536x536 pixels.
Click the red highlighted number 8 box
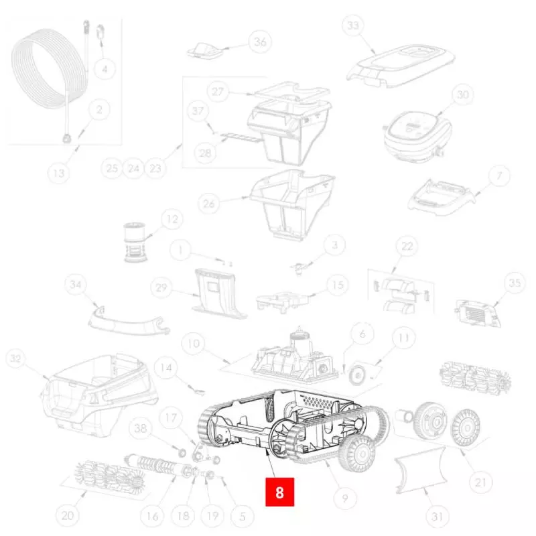(x=279, y=492)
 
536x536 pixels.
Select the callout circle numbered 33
(x=353, y=25)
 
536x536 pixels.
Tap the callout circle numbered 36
(x=260, y=42)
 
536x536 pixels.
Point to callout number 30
(x=462, y=94)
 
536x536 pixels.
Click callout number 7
(x=499, y=176)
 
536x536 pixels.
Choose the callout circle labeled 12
(x=172, y=219)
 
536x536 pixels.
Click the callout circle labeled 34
(x=75, y=284)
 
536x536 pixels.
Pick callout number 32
(x=15, y=358)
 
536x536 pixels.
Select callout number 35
(x=515, y=283)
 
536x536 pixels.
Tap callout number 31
(x=438, y=516)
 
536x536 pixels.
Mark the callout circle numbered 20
(x=68, y=515)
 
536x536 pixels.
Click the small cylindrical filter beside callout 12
(x=135, y=242)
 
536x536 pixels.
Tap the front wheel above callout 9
(x=357, y=454)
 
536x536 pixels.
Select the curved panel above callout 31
(x=421, y=471)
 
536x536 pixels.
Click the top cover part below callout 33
(x=401, y=66)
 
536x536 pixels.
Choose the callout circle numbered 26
(x=209, y=204)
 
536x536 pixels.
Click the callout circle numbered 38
(x=141, y=428)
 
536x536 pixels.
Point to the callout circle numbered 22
(x=407, y=246)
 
